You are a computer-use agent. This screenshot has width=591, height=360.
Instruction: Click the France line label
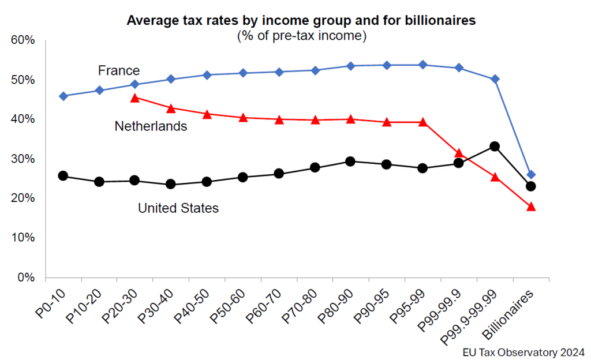(118, 70)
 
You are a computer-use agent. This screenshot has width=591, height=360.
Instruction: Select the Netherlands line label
(151, 126)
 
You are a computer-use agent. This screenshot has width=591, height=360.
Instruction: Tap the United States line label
(178, 208)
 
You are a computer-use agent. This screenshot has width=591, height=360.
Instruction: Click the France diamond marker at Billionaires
(531, 175)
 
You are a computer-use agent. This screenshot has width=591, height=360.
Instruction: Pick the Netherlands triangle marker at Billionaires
(531, 207)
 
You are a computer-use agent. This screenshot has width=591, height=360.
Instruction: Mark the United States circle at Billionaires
(531, 186)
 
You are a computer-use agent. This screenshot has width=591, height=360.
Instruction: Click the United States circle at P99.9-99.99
(495, 147)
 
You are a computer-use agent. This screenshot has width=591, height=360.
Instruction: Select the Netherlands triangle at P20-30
(135, 97)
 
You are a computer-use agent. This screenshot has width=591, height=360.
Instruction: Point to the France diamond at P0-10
(63, 96)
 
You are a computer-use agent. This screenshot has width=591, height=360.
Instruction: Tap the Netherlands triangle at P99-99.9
(459, 153)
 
